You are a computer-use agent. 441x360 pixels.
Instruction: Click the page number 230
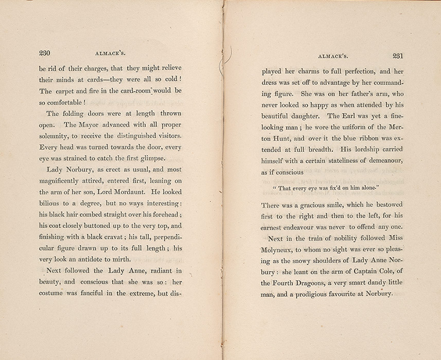tap(47, 53)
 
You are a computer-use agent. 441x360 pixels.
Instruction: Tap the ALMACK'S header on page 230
tap(110, 53)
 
